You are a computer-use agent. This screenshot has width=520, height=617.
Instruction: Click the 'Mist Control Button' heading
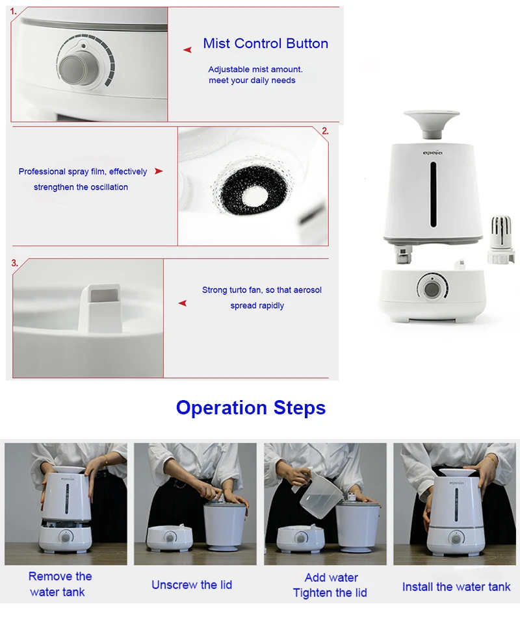[x=265, y=44]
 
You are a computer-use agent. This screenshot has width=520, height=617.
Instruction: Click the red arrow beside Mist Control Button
[x=187, y=49]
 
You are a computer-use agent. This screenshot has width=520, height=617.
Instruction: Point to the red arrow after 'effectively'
[x=159, y=171]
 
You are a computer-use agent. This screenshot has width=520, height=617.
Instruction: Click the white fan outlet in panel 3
[x=100, y=307]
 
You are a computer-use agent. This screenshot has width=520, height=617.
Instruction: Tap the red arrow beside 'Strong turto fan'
[x=183, y=303]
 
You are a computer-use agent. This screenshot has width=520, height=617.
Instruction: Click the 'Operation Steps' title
[x=251, y=408]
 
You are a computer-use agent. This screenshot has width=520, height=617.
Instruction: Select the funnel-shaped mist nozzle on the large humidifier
[x=432, y=124]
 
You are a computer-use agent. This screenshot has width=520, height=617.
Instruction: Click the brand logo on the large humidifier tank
[x=433, y=153]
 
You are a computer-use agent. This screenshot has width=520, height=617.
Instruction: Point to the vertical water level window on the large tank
[x=433, y=194]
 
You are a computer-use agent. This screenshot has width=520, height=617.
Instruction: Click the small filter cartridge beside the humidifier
[x=502, y=239]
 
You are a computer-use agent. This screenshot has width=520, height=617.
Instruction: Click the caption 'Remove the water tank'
[x=60, y=584]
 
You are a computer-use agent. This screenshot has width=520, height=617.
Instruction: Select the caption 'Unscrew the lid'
[x=192, y=585]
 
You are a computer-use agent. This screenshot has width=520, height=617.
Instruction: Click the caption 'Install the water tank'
[x=456, y=586]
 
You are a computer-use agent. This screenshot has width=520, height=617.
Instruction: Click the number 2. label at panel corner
[x=325, y=131]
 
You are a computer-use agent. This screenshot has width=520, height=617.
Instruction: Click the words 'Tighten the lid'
[x=330, y=592]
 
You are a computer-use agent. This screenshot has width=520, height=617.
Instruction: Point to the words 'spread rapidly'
[x=257, y=305]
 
